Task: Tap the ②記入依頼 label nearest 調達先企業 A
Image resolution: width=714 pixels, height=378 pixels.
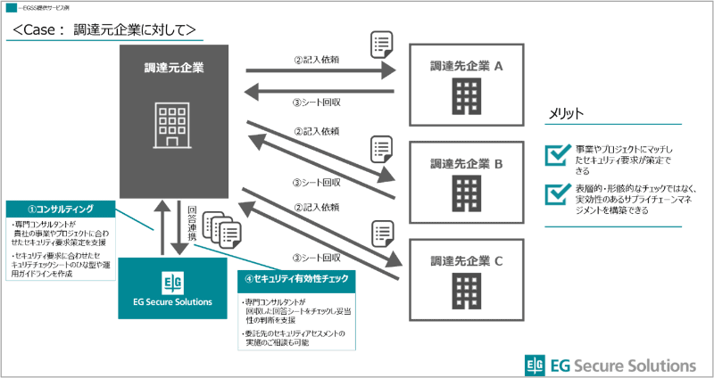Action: pyautogui.click(x=316, y=61)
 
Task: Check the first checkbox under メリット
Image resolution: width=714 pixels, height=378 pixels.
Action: pyautogui.click(x=556, y=155)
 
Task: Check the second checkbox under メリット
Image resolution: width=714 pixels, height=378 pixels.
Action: pyautogui.click(x=556, y=193)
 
